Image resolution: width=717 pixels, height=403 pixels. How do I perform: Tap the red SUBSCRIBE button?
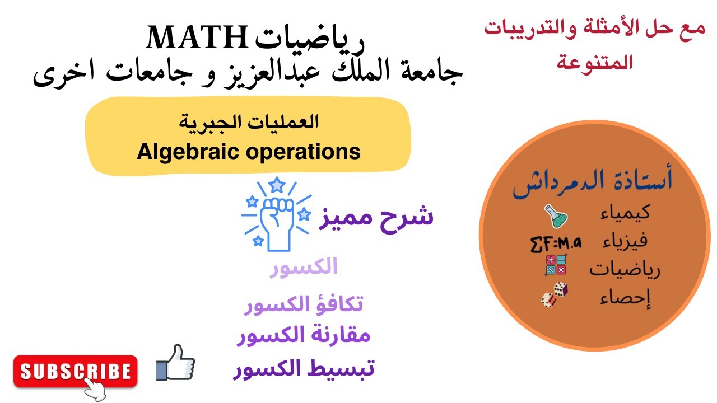(x=75, y=371)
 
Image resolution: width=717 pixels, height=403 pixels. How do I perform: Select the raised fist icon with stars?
(x=276, y=215)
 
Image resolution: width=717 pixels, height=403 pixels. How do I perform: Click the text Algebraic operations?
(x=249, y=152)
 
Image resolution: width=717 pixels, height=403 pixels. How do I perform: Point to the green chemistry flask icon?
(x=555, y=217)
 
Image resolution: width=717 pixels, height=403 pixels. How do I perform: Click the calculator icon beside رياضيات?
(x=556, y=265)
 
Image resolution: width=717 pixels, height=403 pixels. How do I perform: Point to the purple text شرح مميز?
(x=376, y=217)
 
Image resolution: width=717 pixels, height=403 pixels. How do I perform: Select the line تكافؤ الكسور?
(x=304, y=304)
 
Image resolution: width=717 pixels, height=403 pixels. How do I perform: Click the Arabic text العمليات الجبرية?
(x=249, y=121)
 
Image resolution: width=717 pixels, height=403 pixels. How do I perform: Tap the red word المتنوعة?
(x=595, y=62)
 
